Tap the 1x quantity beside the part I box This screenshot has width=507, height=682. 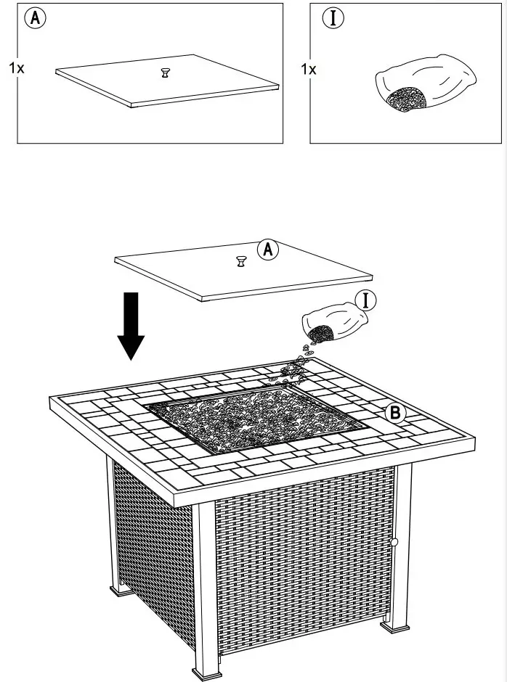pos(308,70)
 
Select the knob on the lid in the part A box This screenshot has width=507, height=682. pos(166,73)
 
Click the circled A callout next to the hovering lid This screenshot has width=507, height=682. pos(269,250)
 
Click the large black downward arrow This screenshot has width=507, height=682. pos(131,325)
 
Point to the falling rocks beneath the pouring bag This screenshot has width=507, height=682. pos(298,366)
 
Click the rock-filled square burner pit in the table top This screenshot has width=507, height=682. pos(251,417)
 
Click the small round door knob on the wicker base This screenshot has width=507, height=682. pos(395,542)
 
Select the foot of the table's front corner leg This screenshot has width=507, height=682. pos(205,671)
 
